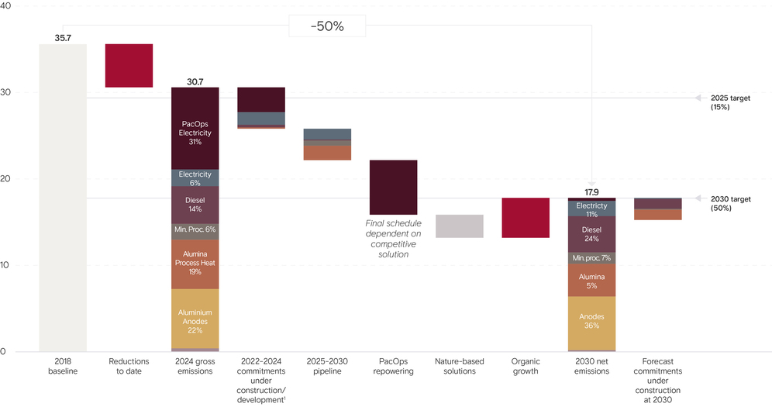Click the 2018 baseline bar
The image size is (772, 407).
click(x=63, y=197)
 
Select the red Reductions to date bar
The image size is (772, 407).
click(x=129, y=65)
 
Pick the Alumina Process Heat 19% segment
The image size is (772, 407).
click(x=195, y=264)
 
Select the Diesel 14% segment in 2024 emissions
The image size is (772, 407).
click(x=195, y=205)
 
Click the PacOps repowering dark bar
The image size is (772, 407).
click(x=393, y=187)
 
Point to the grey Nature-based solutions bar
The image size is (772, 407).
click(x=459, y=226)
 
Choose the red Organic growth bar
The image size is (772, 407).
click(x=526, y=217)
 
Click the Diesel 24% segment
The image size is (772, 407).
click(x=591, y=233)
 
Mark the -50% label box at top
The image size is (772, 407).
click(x=327, y=26)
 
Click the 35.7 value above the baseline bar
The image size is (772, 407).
click(x=63, y=37)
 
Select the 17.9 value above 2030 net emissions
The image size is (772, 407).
click(x=591, y=191)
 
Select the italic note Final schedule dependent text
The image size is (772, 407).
click(x=394, y=239)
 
